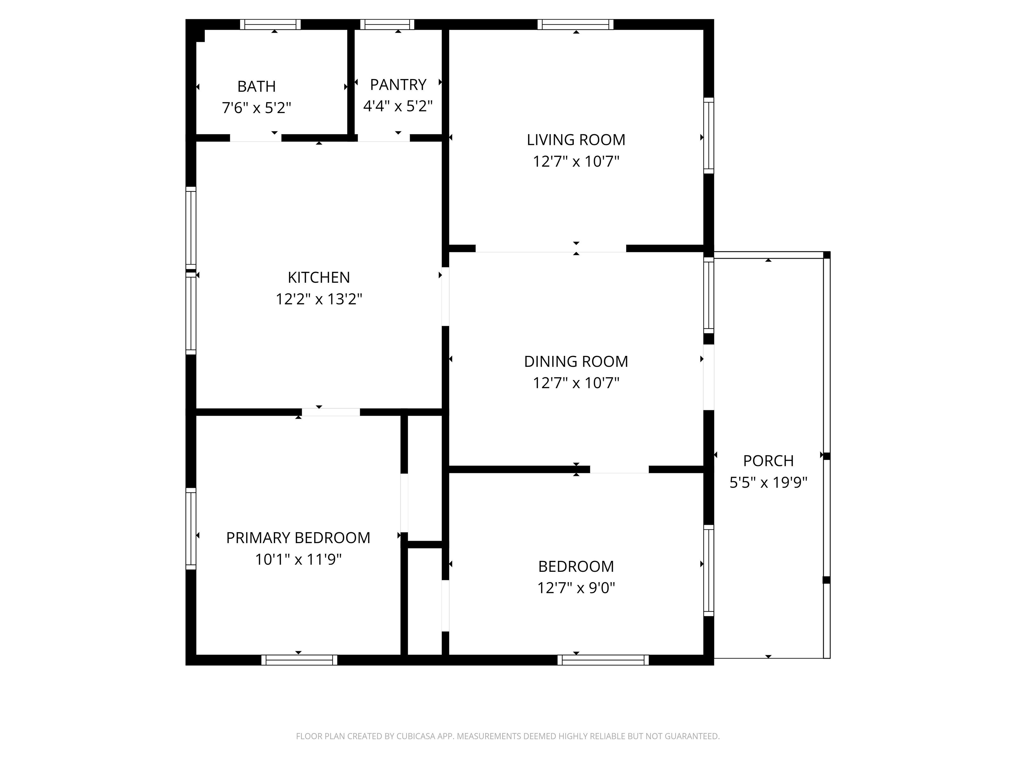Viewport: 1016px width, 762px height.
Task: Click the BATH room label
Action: click(x=256, y=86)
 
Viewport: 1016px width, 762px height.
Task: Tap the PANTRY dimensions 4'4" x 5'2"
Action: click(x=398, y=106)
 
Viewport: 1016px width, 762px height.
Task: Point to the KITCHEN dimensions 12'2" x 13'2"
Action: click(x=319, y=299)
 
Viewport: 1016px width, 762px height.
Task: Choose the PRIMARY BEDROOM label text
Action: click(x=298, y=538)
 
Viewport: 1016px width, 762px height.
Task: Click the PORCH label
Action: click(x=768, y=461)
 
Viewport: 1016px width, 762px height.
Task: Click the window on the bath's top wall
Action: click(x=270, y=24)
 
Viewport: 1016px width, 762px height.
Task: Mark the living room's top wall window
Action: click(x=575, y=24)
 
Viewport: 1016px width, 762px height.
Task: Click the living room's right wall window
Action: click(x=709, y=136)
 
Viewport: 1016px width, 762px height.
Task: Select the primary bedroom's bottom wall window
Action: click(x=299, y=660)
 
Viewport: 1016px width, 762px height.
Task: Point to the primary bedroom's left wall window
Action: click(x=190, y=529)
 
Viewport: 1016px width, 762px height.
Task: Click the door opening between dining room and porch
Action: click(x=709, y=377)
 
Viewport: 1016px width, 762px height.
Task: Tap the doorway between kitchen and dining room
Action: click(x=445, y=297)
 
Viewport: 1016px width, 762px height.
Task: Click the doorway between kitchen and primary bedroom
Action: click(x=331, y=412)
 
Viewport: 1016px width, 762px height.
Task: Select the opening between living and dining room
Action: click(x=550, y=248)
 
